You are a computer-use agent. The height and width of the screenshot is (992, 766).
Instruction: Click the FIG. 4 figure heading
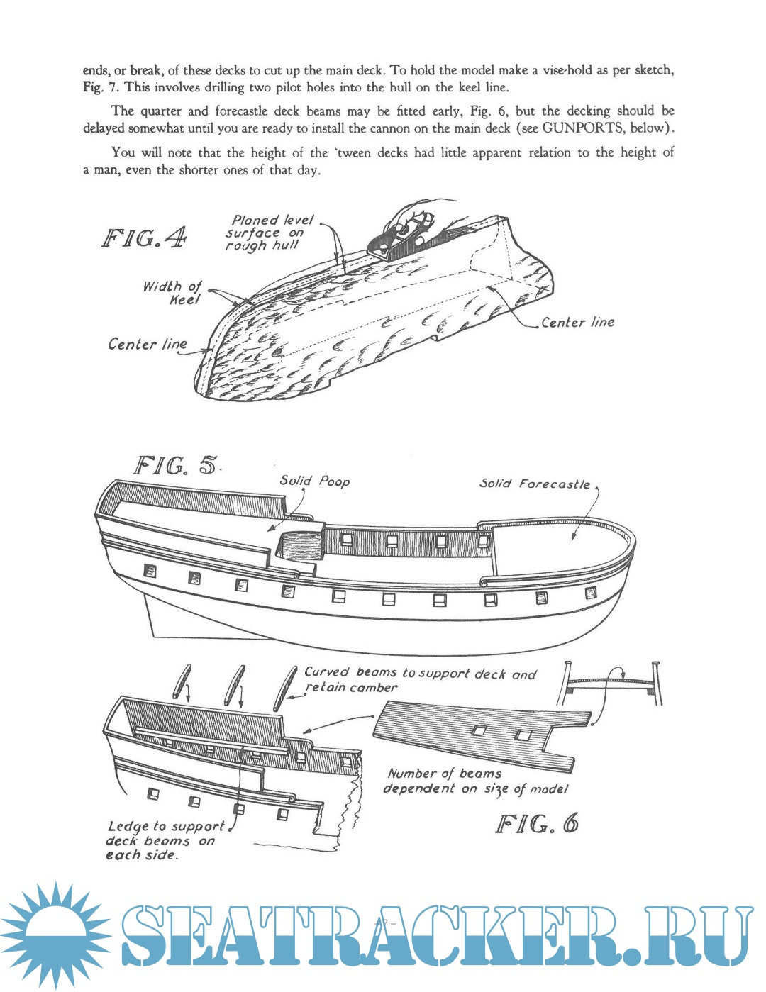145,238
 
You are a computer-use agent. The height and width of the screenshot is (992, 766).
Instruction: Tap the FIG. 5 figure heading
177,466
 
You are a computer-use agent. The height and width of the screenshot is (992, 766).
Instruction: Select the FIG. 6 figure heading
537,824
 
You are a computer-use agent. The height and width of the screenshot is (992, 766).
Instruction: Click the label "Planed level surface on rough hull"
270,233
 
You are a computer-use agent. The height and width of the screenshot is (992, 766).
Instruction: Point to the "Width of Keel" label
173,292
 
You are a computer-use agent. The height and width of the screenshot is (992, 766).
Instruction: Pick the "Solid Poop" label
314,481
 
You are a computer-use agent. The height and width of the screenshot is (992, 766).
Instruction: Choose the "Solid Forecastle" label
535,484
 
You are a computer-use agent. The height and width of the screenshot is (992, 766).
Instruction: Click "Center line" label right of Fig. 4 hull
577,323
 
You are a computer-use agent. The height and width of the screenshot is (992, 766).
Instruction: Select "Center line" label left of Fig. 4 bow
148,345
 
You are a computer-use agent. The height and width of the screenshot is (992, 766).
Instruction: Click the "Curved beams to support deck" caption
420,679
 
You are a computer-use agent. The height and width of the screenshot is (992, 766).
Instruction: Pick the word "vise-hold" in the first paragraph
571,70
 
